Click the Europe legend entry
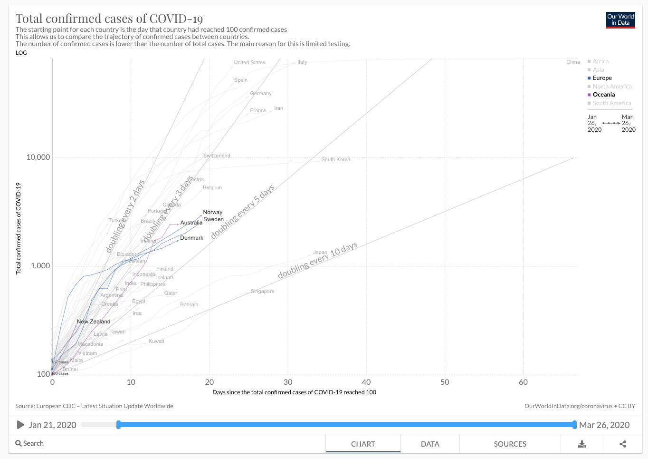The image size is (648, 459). coord(602,78)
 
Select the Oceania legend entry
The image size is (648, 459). coord(603,95)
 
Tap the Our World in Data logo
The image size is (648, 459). coord(620,20)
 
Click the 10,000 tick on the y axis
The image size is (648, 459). coord(38,157)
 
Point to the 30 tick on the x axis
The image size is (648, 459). coord(288,382)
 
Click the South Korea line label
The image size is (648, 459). coord(335,160)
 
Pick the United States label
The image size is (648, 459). coord(249,63)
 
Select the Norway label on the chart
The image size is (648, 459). coord(212,212)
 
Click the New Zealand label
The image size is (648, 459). coord(94,322)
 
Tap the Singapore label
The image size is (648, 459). coord(262,291)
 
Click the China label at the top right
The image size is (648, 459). coord(573,62)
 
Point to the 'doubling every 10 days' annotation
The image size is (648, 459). coord(317,261)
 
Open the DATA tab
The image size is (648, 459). coord(430,444)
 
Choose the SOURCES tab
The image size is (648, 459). coord(510,444)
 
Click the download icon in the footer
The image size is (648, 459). coord(581,444)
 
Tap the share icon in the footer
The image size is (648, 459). coord(623,444)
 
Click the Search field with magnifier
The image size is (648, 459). coord(30,443)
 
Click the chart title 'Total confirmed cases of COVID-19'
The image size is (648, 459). coord(109,19)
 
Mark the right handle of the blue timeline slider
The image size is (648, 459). coord(574,425)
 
